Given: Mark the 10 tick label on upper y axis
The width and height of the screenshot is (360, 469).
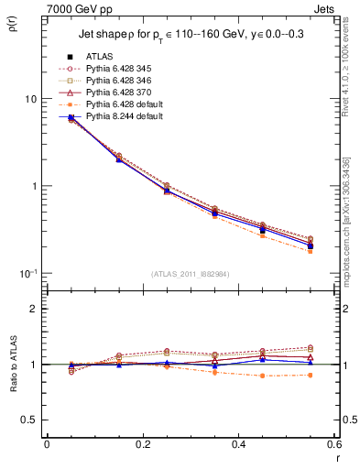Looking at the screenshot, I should (30, 99).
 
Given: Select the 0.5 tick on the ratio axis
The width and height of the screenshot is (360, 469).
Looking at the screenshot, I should (29, 420).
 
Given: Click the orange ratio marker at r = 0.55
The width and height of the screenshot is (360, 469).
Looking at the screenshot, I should (311, 375).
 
